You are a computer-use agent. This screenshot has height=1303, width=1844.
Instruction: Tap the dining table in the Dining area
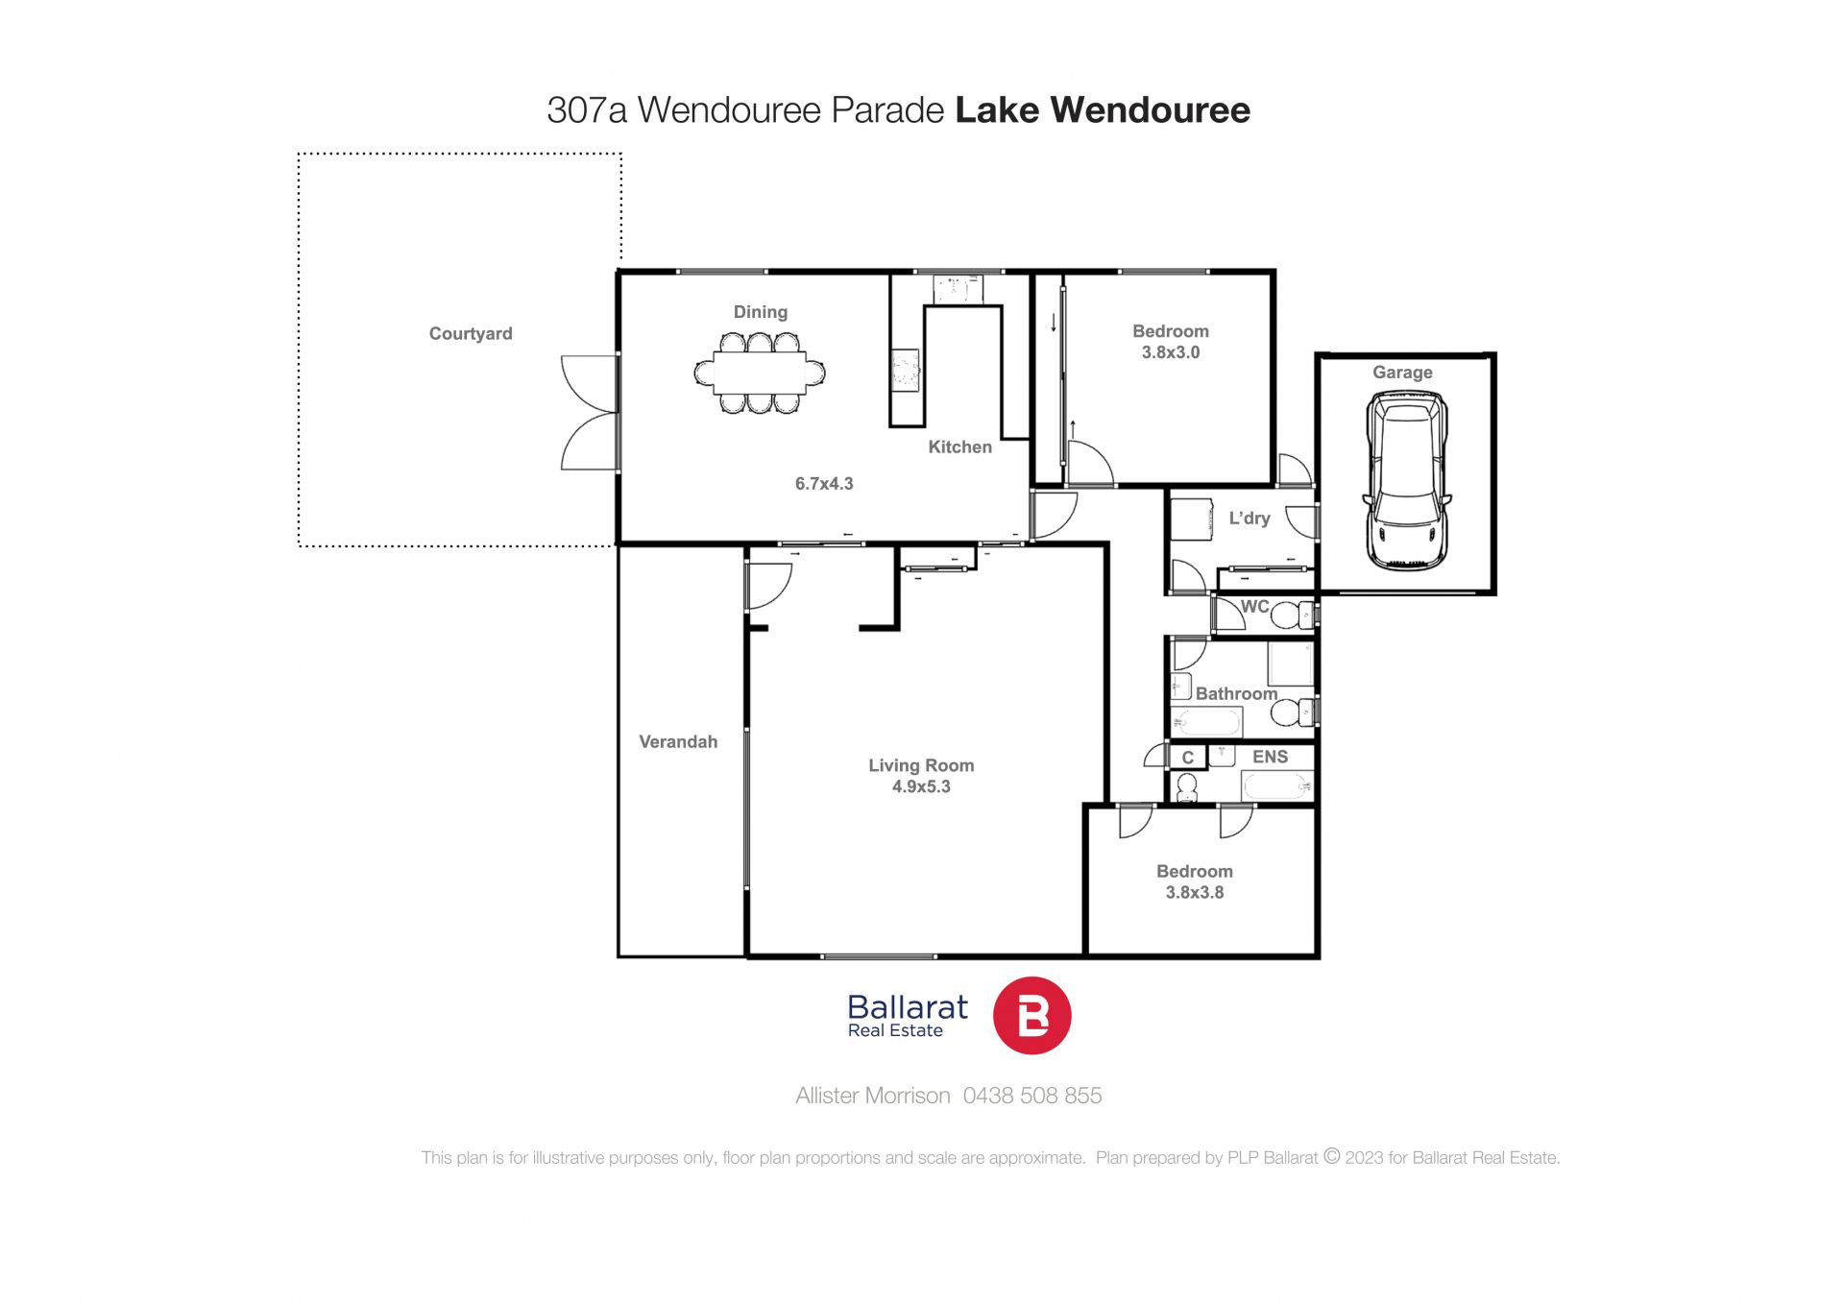760,373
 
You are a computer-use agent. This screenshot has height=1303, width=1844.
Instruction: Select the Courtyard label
471,334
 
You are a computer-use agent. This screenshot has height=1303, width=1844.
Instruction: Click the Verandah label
678,741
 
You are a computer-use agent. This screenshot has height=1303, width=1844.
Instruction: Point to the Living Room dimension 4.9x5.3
921,786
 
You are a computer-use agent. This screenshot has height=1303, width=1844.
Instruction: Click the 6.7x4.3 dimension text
824,484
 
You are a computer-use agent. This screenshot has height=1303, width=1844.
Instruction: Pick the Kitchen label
959,446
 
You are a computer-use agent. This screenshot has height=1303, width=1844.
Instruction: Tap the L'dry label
1250,519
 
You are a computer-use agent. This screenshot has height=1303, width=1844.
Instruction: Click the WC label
1255,607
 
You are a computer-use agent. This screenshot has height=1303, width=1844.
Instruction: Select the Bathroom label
1236,693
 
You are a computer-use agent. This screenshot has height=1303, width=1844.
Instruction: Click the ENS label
1270,757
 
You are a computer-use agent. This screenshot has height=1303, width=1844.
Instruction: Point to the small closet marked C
1188,757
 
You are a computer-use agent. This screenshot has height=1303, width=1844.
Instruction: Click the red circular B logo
1031,1016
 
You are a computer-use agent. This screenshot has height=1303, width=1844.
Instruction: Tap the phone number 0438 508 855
1032,1096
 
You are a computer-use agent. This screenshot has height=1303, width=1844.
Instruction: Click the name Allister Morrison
873,1096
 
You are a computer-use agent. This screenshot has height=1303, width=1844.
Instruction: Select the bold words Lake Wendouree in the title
1103,110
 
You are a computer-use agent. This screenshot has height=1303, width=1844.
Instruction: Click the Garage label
1402,373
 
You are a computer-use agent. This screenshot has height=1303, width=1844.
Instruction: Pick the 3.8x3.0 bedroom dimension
1171,352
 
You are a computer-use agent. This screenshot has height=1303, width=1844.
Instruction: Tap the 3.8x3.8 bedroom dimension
1195,892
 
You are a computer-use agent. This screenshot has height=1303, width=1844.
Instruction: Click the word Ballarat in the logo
908,1007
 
